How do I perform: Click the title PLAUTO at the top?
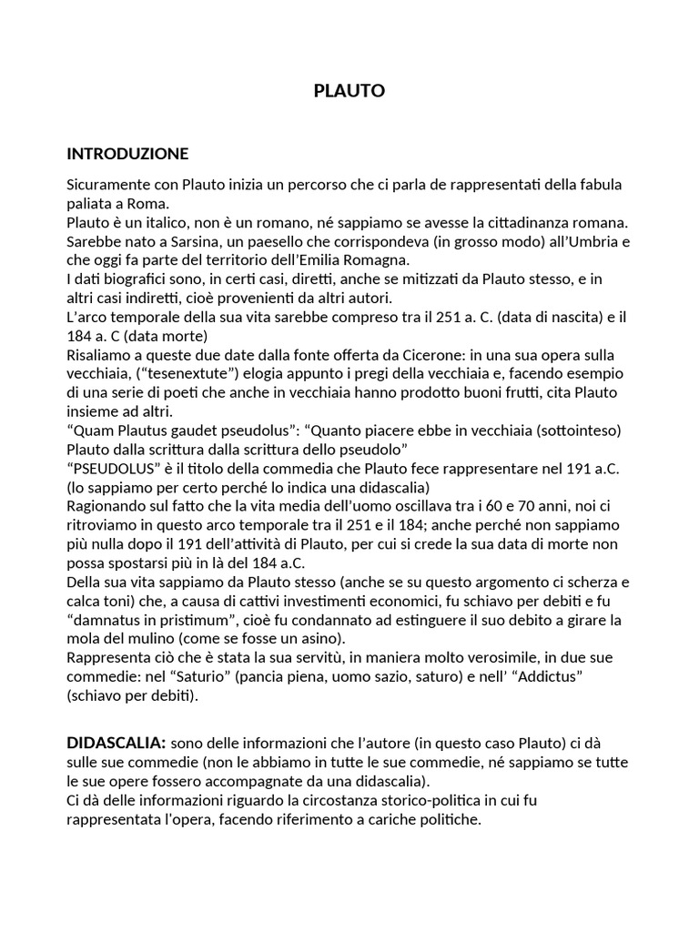pos(349,90)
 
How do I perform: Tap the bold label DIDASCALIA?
pos(116,743)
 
